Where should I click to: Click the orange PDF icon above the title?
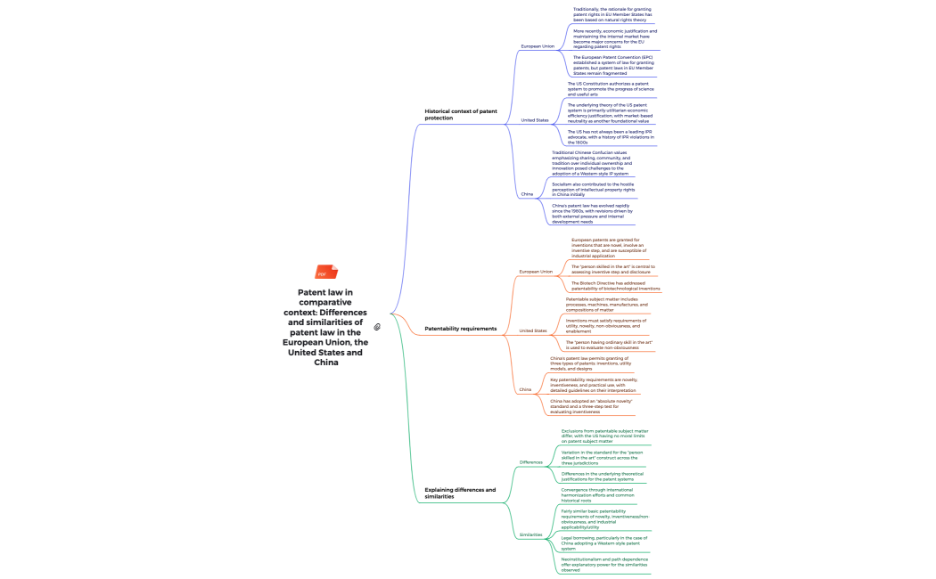[322, 273]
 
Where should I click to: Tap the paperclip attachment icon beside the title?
[377, 327]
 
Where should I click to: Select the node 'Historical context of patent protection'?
[460, 114]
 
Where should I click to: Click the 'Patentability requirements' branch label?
[460, 329]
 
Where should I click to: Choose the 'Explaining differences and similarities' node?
[460, 493]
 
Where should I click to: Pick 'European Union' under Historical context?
[538, 45]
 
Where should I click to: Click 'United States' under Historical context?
[535, 119]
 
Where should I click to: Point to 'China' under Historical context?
[527, 193]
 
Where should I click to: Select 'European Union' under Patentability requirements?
[536, 272]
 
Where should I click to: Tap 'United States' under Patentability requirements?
[533, 330]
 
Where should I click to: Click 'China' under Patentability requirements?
[525, 389]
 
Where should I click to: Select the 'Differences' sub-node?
[531, 462]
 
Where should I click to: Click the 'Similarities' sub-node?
[531, 534]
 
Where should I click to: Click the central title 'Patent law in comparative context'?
[324, 326]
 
